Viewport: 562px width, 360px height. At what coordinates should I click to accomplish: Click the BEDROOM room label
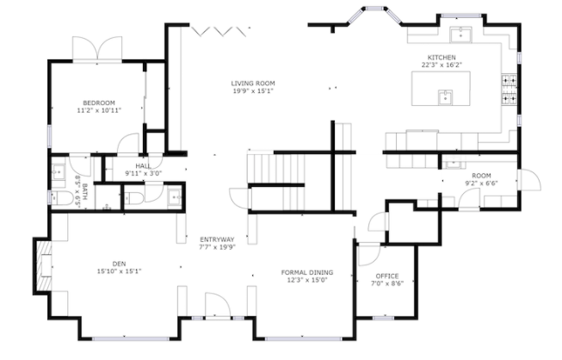coord(99,102)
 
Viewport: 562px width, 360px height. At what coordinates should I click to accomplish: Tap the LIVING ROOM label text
coord(253,84)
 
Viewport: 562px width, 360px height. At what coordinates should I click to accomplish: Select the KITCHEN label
coord(442,58)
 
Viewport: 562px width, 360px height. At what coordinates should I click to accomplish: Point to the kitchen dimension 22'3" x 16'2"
coord(442,65)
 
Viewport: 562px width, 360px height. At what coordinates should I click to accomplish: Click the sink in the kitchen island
coord(445,97)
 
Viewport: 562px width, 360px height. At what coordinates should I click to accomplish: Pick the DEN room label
coord(119,264)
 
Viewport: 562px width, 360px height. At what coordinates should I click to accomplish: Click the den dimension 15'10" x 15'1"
coord(119,271)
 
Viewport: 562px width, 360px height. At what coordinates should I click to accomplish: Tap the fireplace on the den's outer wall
coord(44,266)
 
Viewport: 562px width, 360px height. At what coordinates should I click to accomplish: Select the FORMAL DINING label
coord(307,272)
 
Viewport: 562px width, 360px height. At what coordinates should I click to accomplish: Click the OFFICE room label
coord(387,276)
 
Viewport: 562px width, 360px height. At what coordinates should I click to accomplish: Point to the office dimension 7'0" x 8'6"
coord(387,283)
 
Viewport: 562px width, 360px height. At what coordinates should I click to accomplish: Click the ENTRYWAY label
coord(217,239)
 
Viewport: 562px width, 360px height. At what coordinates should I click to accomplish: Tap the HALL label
coord(143,166)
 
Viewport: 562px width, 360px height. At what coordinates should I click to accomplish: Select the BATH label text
coord(84,192)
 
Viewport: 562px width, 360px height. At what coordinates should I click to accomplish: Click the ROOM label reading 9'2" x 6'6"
coord(481,176)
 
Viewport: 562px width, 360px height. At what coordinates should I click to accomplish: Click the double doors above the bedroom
coord(97,49)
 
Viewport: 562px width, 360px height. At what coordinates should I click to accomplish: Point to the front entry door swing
coord(218,305)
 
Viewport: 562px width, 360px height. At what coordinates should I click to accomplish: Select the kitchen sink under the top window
coord(460,34)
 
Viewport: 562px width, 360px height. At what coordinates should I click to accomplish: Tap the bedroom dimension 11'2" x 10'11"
coord(99,110)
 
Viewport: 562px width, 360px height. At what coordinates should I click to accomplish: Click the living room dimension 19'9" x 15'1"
coord(253,91)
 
